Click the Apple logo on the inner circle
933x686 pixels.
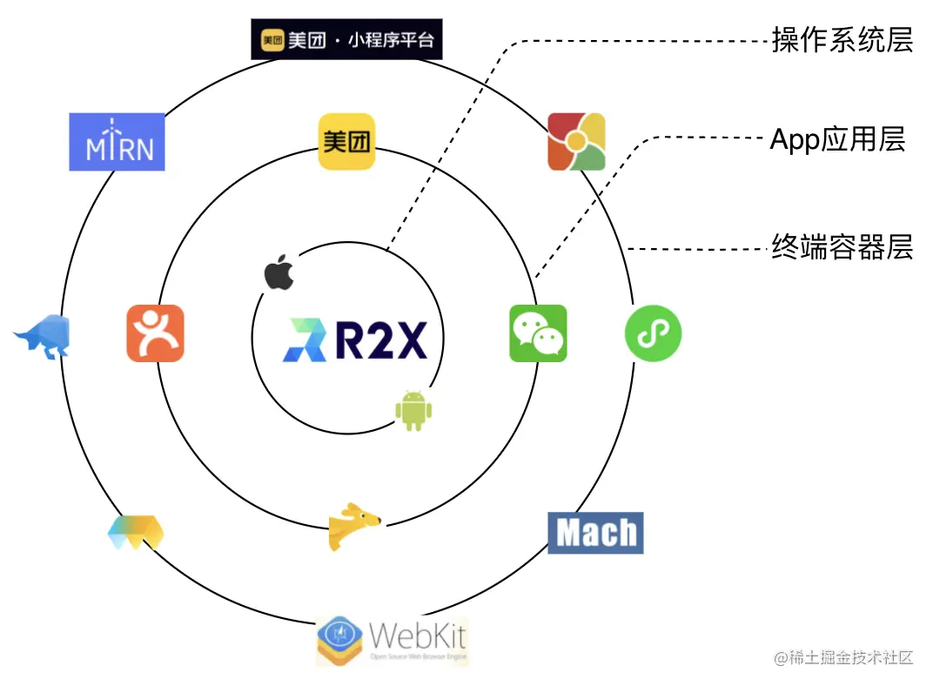279,272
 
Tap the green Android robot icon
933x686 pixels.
414,410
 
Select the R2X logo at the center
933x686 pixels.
355,340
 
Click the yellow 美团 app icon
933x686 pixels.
346,142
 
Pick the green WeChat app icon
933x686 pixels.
538,333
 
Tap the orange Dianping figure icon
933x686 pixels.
155,333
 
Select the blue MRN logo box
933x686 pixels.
117,142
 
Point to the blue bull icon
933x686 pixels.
44,336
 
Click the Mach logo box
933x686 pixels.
595,533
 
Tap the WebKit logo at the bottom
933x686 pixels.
392,641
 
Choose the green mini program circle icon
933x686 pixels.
653,333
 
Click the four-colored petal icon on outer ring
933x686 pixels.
576,142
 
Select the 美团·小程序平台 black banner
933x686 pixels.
346,40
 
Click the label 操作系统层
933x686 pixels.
842,40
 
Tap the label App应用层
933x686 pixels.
837,139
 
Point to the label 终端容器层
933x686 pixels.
842,248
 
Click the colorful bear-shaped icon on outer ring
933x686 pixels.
136,532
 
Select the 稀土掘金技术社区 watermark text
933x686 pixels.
843,657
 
